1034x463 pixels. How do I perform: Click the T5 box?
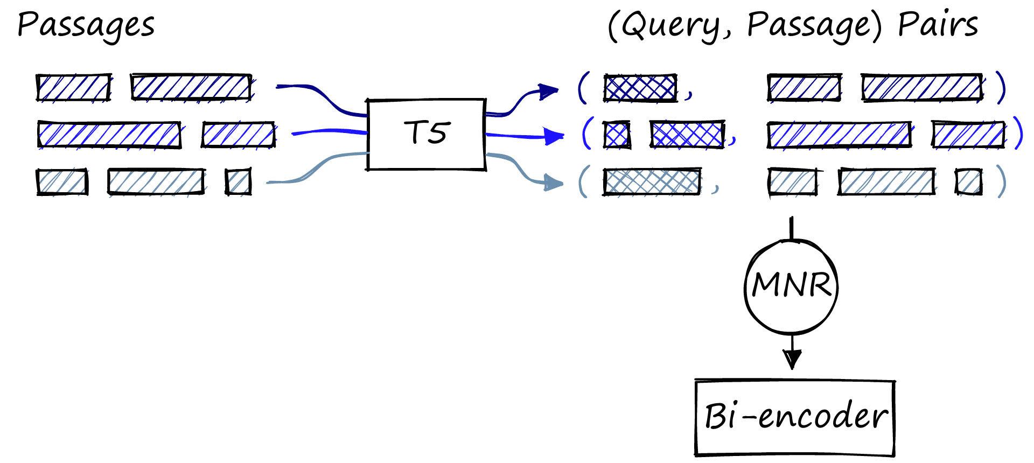(427, 134)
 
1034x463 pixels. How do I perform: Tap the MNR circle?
(791, 286)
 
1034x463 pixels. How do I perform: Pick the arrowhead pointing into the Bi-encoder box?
(792, 359)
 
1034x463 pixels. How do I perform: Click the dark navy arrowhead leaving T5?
(549, 92)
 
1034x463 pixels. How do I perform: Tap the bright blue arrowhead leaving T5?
(554, 136)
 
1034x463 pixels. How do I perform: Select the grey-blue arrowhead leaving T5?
(553, 183)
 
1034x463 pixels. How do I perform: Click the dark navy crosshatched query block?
(640, 88)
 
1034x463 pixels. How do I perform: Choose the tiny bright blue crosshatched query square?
(616, 135)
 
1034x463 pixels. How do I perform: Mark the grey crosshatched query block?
(652, 181)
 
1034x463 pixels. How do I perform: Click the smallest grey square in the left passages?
(238, 181)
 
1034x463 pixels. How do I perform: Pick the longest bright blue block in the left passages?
(109, 135)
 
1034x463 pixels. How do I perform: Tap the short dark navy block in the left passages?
(74, 87)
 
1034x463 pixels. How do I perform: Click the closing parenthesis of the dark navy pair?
(1001, 87)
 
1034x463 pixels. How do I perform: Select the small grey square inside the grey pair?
(968, 181)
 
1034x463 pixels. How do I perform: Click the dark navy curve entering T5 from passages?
(323, 97)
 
